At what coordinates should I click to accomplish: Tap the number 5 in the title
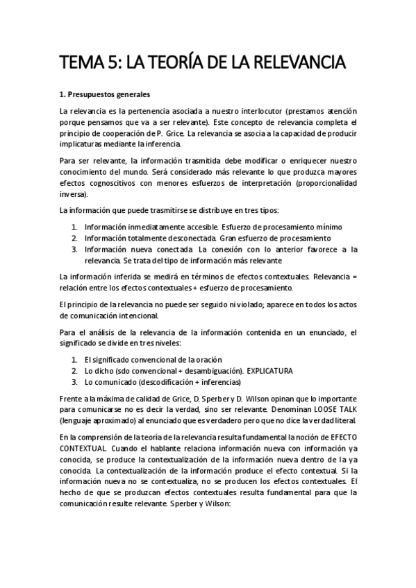pyautogui.click(x=105, y=64)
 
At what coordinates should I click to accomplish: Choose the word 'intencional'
pyautogui.click(x=142, y=315)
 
